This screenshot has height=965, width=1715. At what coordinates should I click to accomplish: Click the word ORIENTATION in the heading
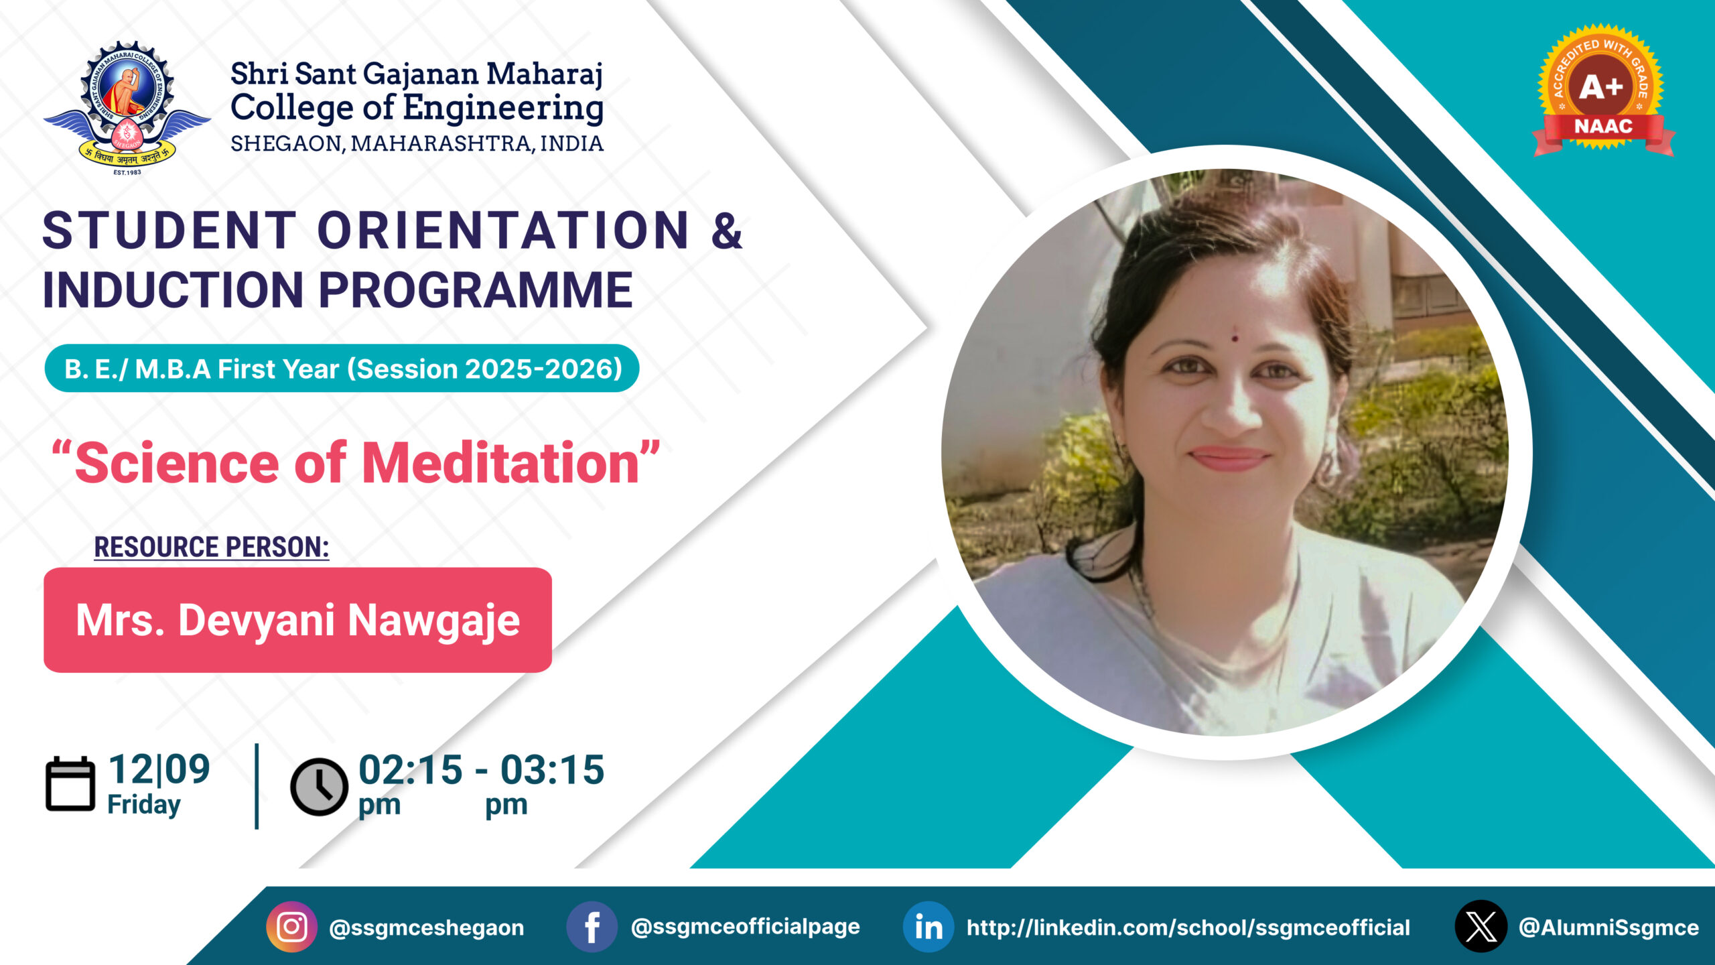click(503, 231)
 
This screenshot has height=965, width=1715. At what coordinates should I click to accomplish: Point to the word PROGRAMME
click(476, 290)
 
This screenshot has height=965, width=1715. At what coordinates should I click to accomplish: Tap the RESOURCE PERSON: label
click(212, 547)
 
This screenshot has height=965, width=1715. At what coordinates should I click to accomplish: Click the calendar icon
click(70, 784)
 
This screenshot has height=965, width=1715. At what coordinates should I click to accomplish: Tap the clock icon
click(319, 787)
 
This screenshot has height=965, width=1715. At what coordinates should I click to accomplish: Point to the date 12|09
click(159, 769)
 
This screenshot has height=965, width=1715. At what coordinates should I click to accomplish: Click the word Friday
click(144, 805)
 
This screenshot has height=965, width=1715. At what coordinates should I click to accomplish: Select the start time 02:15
click(410, 769)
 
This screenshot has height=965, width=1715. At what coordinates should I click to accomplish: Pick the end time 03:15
click(552, 769)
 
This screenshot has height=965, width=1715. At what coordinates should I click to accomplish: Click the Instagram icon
click(292, 927)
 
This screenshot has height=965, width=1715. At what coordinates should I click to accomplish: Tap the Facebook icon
click(592, 927)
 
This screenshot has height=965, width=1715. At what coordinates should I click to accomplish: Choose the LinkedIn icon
click(929, 927)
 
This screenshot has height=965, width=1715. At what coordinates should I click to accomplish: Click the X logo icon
click(1481, 927)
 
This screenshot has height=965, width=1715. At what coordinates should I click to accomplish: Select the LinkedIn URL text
click(1188, 927)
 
